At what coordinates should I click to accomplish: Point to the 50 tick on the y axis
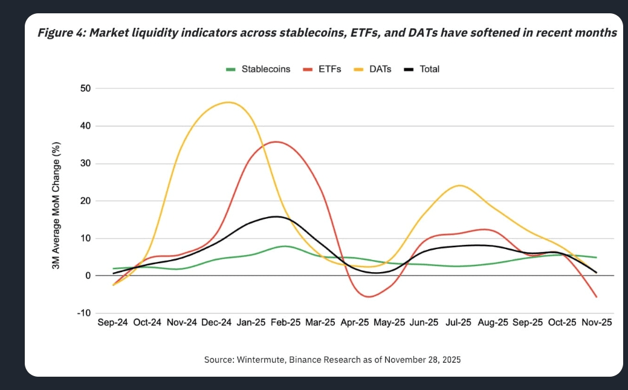tap(85, 88)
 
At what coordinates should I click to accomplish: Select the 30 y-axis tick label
tap(85, 163)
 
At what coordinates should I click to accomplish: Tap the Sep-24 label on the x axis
tap(113, 323)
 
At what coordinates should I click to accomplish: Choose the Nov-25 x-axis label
tap(596, 323)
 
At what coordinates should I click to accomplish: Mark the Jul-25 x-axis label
tap(458, 323)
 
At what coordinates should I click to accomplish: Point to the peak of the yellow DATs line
tap(228, 102)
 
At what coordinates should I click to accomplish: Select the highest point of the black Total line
tap(276, 216)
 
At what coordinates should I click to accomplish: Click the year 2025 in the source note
tap(451, 359)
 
